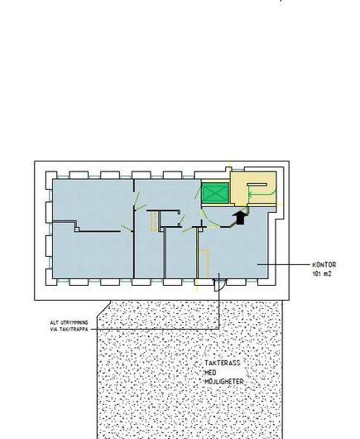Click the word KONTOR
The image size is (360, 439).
(x=324, y=265)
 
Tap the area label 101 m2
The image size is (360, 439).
(x=322, y=274)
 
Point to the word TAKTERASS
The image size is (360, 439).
(x=223, y=363)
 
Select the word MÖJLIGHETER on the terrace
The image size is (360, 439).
(x=224, y=382)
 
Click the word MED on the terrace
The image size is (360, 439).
(x=211, y=373)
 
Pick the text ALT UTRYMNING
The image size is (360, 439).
(x=69, y=322)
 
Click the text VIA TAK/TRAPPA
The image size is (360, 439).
(x=69, y=330)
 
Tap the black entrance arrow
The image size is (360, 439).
(x=240, y=218)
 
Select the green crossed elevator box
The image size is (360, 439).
(x=215, y=193)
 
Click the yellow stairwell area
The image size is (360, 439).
(x=253, y=187)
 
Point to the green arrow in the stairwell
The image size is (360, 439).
(x=261, y=194)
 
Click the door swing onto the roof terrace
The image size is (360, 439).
(x=220, y=285)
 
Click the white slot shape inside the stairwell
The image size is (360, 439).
(x=257, y=184)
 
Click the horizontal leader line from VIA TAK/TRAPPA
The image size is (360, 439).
(x=154, y=330)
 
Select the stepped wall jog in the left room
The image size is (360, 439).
(x=75, y=226)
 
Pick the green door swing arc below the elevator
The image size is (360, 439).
(x=209, y=220)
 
